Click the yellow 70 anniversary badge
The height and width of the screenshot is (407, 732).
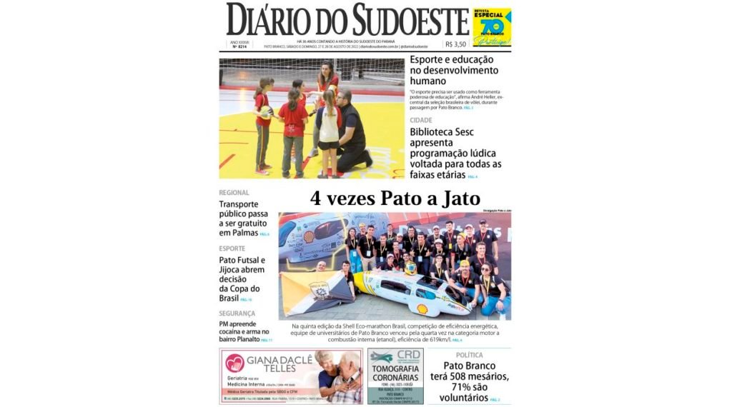coord(492,27)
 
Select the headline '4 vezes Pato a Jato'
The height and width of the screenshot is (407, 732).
coord(395,199)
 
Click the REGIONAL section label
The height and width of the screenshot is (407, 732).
coord(234,193)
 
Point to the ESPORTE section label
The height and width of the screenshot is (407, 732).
coord(232,248)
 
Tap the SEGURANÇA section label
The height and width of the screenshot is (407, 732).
coord(237,313)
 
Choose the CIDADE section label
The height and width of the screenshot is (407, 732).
coord(421,121)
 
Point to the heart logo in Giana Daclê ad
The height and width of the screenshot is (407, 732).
coord(234,363)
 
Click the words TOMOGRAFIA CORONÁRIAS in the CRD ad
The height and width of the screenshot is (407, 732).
coord(395,373)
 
